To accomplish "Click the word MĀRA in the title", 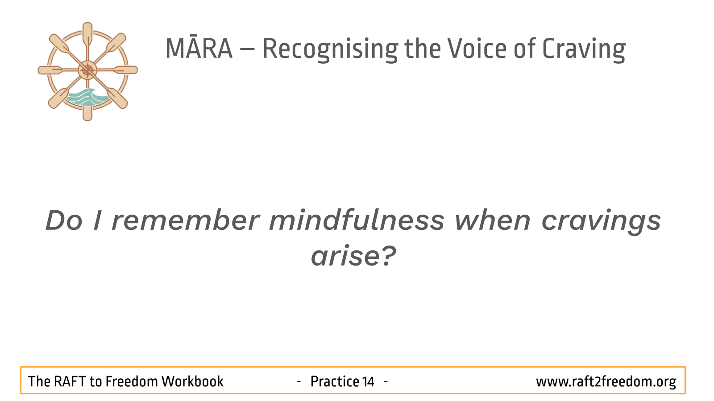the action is click(199, 48).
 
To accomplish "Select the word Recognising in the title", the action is click(330, 49).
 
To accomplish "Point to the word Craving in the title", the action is click(584, 49).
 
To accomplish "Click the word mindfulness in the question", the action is click(357, 220).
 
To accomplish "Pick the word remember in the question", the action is click(186, 220).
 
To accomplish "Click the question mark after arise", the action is click(388, 255).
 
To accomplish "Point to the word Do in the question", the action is click(64, 220).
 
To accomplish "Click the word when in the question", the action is click(493, 220).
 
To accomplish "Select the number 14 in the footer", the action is click(368, 381).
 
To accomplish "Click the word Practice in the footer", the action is click(335, 381).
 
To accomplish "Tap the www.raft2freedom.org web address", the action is click(606, 382).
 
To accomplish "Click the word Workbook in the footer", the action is click(192, 381).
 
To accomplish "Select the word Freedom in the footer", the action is click(131, 381).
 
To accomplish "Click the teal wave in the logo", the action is click(85, 98).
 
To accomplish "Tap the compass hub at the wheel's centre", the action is click(87, 70).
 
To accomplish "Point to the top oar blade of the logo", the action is click(87, 33).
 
